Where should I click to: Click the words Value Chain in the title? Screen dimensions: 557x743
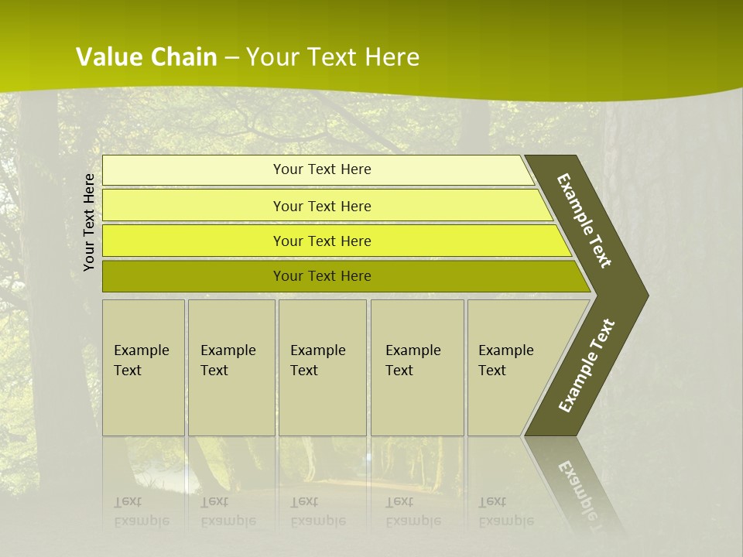point(146,56)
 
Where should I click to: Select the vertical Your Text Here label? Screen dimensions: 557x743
point(89,222)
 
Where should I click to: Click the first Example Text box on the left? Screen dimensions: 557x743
point(143,367)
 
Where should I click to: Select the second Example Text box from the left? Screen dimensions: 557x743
point(231,367)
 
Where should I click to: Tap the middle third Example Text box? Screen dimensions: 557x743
point(322,367)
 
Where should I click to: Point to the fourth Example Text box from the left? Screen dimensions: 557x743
point(417,367)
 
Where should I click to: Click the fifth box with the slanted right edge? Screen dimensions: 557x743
point(511,367)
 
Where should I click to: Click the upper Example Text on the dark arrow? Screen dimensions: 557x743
point(584,220)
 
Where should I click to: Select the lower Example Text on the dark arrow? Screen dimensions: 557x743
point(587,365)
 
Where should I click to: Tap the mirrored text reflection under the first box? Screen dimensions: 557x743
point(141,511)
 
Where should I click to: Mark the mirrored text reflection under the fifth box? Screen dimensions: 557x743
point(505,511)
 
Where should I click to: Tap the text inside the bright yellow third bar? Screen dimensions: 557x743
point(322,241)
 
